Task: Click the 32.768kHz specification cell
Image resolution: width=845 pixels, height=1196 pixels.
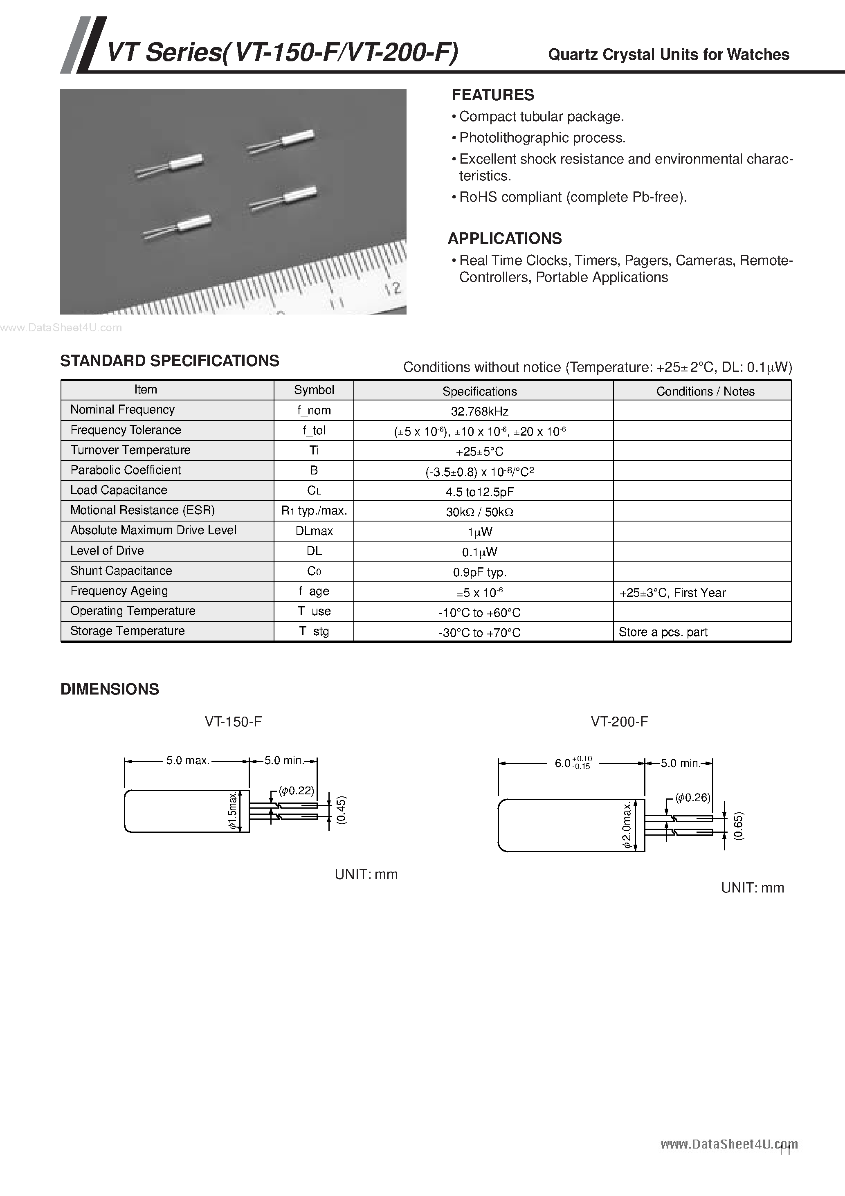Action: pyautogui.click(x=479, y=411)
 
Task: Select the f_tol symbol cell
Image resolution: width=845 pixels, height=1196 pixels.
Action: pyautogui.click(x=314, y=430)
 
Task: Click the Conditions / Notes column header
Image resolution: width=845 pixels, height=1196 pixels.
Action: pyautogui.click(x=705, y=391)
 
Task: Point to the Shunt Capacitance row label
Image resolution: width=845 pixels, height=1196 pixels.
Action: pyautogui.click(x=121, y=571)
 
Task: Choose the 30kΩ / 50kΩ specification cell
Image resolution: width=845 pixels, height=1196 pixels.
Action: pyautogui.click(x=479, y=512)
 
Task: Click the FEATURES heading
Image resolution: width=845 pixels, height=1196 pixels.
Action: pyautogui.click(x=492, y=95)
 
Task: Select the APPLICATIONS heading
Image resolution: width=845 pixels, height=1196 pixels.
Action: pyautogui.click(x=504, y=238)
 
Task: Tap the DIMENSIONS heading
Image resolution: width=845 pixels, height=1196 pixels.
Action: pyautogui.click(x=109, y=689)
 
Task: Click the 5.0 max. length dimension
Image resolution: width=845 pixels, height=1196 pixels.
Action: pyautogui.click(x=188, y=760)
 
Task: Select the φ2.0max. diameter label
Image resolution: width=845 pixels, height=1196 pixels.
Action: pyautogui.click(x=627, y=825)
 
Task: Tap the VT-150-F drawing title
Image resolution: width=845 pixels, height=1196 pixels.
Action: pyautogui.click(x=233, y=722)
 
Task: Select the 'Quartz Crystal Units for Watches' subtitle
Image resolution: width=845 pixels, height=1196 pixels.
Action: pyautogui.click(x=668, y=55)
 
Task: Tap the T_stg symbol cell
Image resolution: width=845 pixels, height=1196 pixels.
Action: pyautogui.click(x=314, y=632)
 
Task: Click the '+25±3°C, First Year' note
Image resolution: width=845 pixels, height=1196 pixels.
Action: pyautogui.click(x=672, y=593)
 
